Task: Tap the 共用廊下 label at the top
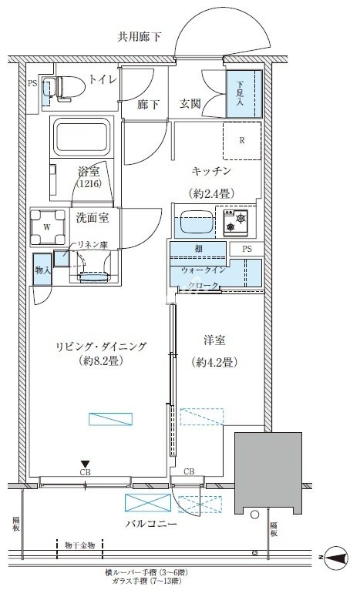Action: [139, 35]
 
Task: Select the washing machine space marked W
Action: [46, 226]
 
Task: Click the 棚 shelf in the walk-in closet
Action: [198, 250]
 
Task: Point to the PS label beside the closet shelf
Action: [247, 250]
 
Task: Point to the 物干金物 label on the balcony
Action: [79, 545]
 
